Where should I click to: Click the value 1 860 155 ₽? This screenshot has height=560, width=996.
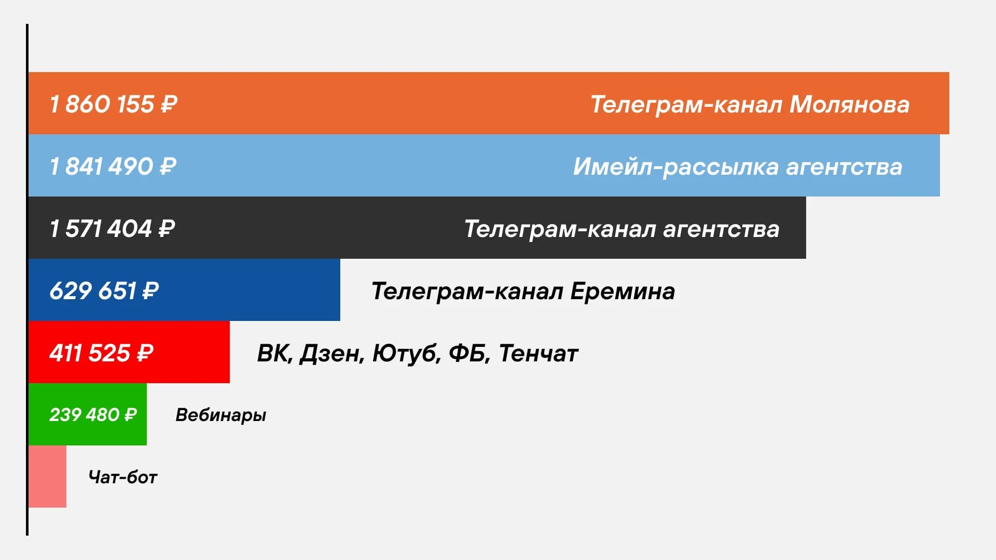tap(113, 104)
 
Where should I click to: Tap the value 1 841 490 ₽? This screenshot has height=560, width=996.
tap(113, 166)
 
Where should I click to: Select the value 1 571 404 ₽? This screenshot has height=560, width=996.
tap(112, 229)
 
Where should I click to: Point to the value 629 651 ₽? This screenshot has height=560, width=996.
tap(104, 291)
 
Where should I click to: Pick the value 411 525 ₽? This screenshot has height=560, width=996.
tap(101, 353)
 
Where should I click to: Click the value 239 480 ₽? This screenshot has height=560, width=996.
tap(93, 415)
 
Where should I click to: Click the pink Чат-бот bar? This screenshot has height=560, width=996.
tap(47, 477)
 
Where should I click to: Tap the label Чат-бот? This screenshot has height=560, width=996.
tap(122, 477)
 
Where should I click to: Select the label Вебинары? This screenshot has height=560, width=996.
tap(220, 415)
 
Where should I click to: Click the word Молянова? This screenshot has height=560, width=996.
tap(849, 104)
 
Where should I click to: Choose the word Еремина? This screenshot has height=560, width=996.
tap(622, 291)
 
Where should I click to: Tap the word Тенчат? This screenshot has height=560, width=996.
tap(538, 353)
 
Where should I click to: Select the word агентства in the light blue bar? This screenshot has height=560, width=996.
tap(844, 167)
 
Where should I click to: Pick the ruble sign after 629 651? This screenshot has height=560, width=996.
tap(150, 291)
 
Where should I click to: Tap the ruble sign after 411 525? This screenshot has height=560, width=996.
tap(145, 353)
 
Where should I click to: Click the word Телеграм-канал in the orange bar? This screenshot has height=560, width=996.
tap(686, 104)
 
